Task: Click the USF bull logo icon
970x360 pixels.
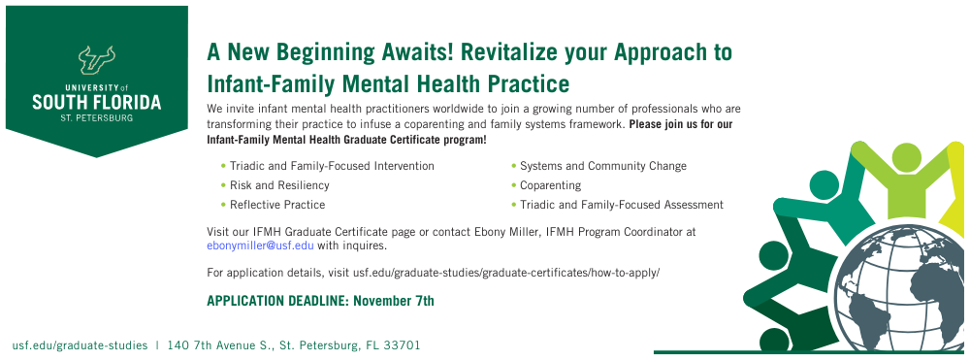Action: (x=96, y=59)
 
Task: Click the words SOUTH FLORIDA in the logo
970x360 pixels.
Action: (x=96, y=102)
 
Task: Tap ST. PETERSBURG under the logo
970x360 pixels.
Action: (x=96, y=117)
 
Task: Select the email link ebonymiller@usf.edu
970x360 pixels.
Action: (x=260, y=245)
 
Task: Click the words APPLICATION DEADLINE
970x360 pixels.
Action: (x=278, y=301)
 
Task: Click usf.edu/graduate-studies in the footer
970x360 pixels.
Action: (x=80, y=345)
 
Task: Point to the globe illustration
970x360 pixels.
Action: (x=901, y=289)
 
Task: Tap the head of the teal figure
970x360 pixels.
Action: (x=824, y=184)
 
